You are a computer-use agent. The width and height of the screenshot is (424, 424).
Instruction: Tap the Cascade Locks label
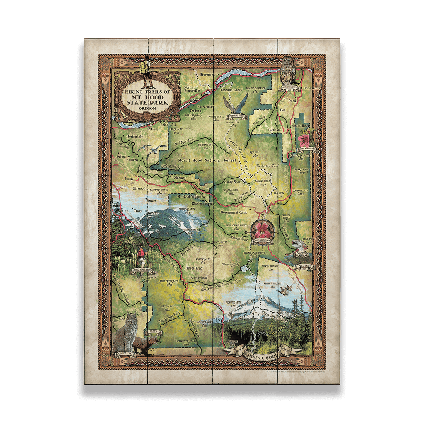231,89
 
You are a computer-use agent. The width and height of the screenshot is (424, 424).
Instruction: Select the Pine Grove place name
312,88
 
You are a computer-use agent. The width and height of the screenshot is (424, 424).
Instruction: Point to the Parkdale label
274,130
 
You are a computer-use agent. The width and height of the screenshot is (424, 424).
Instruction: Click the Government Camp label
234,212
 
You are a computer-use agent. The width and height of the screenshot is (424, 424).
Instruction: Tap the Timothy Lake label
230,264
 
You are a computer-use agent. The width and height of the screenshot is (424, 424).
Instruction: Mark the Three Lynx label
195,268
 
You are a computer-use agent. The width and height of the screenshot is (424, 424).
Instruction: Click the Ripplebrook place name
202,278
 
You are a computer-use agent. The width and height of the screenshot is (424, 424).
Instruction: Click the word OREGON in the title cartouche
147,108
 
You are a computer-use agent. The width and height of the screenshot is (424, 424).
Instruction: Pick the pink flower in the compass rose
263,229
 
